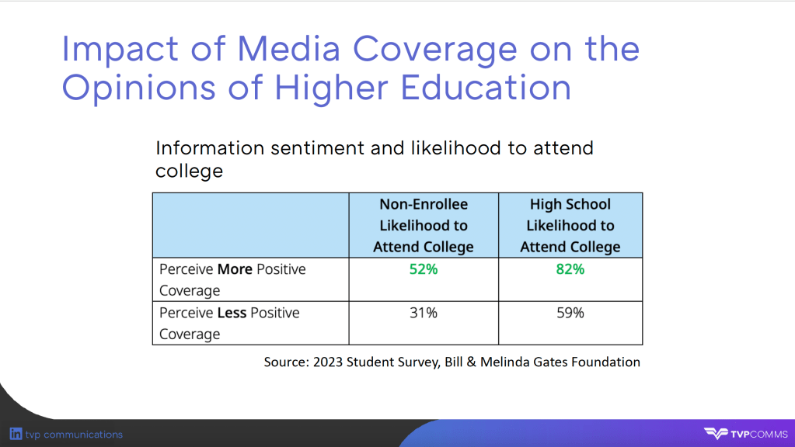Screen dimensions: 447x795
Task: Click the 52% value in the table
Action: (x=424, y=269)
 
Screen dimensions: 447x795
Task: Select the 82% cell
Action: (x=570, y=269)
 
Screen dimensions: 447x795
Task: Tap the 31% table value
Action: (x=424, y=313)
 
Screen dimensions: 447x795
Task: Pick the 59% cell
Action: (x=570, y=313)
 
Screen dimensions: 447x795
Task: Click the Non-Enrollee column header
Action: (x=424, y=225)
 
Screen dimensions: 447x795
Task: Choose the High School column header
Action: (x=570, y=225)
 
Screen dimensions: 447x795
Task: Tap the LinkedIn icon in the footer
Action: (x=16, y=434)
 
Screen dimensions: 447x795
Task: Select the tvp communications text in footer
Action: (x=74, y=435)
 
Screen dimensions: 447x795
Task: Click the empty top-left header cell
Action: (x=250, y=225)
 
